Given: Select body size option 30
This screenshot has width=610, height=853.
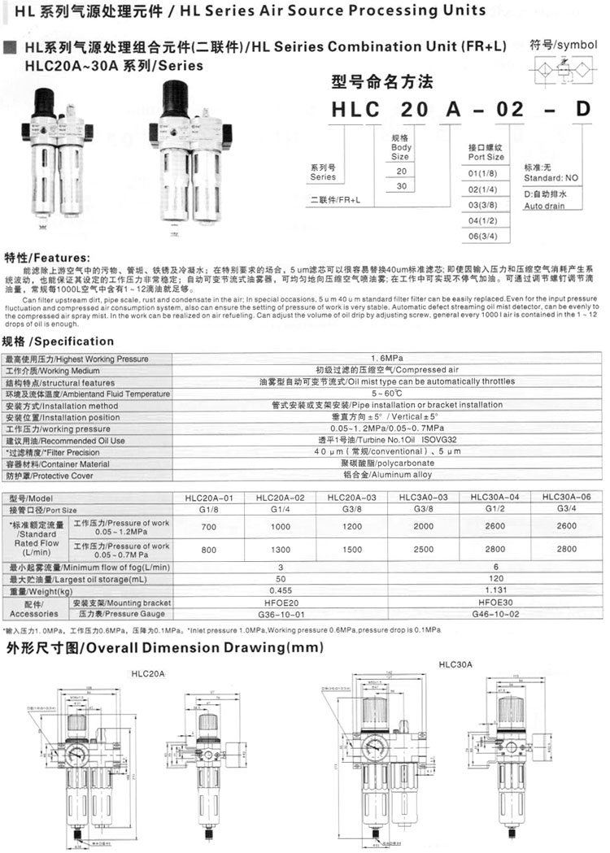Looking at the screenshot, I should click(400, 185).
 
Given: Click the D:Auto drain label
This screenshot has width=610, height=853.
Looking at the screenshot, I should click(545, 201).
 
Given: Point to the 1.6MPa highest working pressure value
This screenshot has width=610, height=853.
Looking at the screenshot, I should click(387, 358).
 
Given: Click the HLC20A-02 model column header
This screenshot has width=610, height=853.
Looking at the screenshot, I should click(280, 498).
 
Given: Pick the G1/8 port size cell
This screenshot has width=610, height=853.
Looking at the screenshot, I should click(208, 510).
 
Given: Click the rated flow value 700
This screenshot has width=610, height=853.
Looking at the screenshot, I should click(208, 528).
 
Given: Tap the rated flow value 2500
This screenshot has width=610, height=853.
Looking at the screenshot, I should click(423, 551).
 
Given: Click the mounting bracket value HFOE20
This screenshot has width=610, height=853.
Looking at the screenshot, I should click(281, 603).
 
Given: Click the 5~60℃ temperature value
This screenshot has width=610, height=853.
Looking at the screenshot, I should click(387, 394).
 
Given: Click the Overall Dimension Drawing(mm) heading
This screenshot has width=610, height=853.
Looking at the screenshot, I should click(163, 648).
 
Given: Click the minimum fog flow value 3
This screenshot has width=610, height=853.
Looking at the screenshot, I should click(281, 567).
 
